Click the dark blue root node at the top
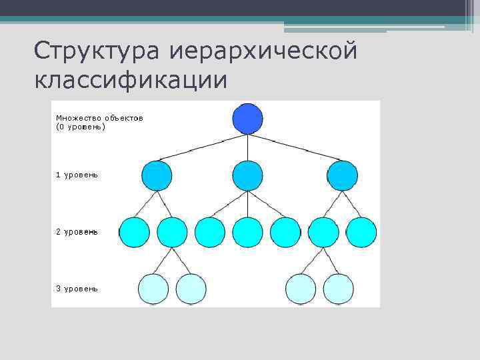pyautogui.click(x=248, y=119)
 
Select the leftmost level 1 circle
pyautogui.click(x=157, y=176)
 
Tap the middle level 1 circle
pyautogui.click(x=248, y=176)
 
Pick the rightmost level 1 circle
pyautogui.click(x=343, y=176)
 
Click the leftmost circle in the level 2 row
pyautogui.click(x=134, y=232)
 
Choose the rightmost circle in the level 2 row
pyautogui.click(x=361, y=232)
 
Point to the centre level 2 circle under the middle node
pyautogui.click(x=248, y=232)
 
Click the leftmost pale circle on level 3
pyautogui.click(x=153, y=289)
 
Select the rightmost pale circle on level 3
pyautogui.click(x=339, y=289)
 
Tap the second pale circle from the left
pyautogui.click(x=191, y=289)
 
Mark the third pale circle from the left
pyautogui.click(x=301, y=289)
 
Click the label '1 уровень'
pyautogui.click(x=77, y=175)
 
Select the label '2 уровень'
pyautogui.click(x=77, y=231)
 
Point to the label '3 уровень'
pyautogui.click(x=77, y=289)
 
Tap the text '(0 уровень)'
pyautogui.click(x=81, y=126)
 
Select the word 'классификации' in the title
pyautogui.click(x=131, y=81)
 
